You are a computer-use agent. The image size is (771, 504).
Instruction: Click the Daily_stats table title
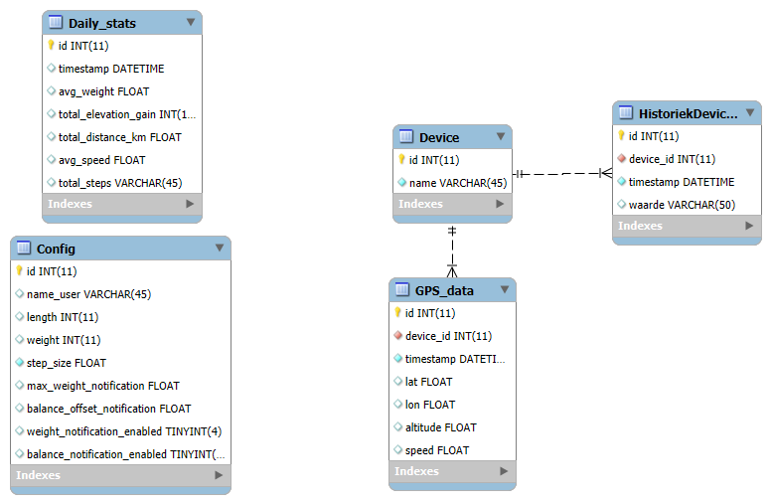[x=101, y=23]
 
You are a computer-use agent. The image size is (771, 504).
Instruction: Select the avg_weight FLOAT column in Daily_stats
[x=103, y=91]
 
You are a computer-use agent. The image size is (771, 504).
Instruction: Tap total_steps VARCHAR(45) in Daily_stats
[x=120, y=183]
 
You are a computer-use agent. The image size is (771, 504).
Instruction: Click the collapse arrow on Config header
[x=220, y=248]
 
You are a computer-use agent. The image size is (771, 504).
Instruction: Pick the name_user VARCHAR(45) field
[x=88, y=294]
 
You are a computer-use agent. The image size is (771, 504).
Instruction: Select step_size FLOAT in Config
[x=67, y=363]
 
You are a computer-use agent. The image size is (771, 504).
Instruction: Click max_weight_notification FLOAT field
[x=102, y=386]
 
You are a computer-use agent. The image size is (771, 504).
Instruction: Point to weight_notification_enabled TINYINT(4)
[x=124, y=431]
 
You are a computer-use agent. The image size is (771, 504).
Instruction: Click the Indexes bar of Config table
[x=120, y=475]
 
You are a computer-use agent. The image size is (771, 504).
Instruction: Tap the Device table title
[x=439, y=137]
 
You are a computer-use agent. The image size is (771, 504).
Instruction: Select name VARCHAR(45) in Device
[x=458, y=183]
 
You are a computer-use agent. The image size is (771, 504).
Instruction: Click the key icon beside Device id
[x=401, y=159]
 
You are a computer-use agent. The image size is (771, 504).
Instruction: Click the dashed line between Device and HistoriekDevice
[x=562, y=173]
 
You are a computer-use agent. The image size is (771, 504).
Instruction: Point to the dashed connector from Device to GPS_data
[x=452, y=252]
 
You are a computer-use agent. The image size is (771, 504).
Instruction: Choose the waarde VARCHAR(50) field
[x=682, y=205]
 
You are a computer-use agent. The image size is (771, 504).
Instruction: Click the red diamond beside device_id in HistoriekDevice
[x=622, y=158]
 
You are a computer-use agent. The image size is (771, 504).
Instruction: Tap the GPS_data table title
[x=444, y=291]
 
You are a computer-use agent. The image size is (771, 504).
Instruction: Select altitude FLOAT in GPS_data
[x=440, y=427]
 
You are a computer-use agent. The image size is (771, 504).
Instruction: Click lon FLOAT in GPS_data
[x=430, y=405]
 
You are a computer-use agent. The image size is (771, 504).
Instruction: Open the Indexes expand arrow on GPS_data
[x=504, y=471]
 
